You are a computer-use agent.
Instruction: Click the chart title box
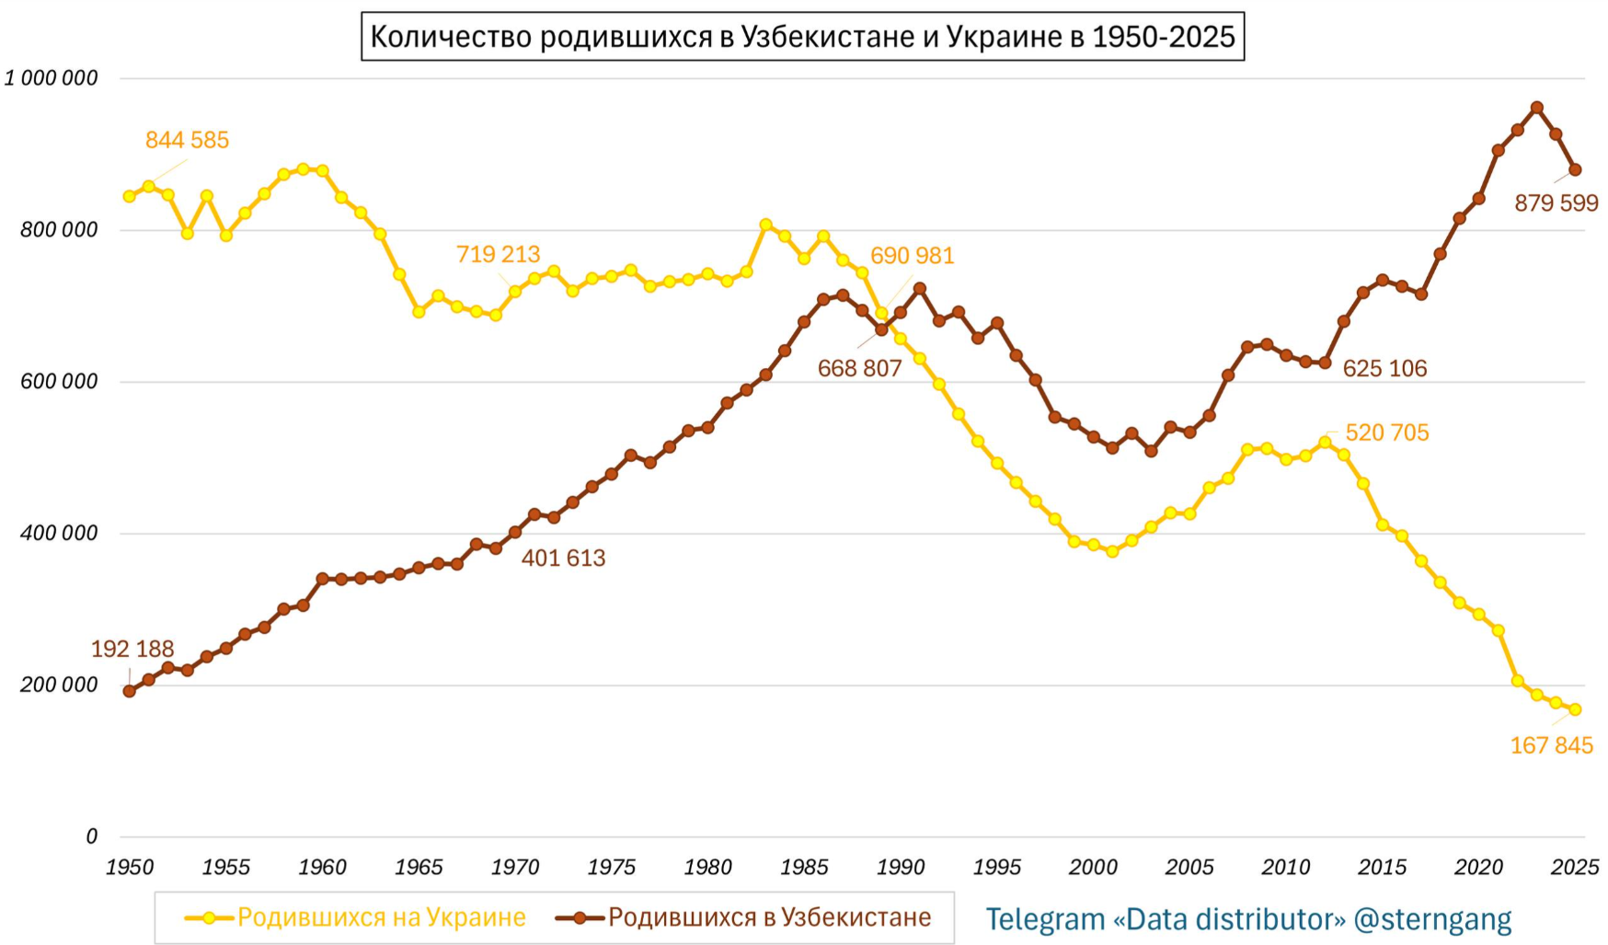point(802,37)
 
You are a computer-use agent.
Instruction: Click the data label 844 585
point(187,140)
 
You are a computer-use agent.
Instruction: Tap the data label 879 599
point(1556,202)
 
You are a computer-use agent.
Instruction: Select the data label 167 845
point(1551,745)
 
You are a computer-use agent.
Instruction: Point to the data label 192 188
point(132,649)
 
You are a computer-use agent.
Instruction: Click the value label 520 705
point(1386,432)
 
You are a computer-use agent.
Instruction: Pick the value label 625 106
point(1384,368)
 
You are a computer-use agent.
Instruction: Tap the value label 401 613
point(563,558)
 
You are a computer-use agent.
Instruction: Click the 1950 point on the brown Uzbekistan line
point(130,691)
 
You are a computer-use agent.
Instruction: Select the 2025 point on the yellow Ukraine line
point(1575,709)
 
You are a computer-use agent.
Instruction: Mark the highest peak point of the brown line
point(1536,108)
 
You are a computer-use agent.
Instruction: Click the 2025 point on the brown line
point(1575,170)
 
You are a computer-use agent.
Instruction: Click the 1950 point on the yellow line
point(130,196)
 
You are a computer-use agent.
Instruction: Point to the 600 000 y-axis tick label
point(59,382)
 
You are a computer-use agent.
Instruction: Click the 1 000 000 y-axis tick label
point(52,78)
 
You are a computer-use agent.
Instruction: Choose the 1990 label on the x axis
point(900,867)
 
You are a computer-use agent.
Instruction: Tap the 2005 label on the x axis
point(1189,867)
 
